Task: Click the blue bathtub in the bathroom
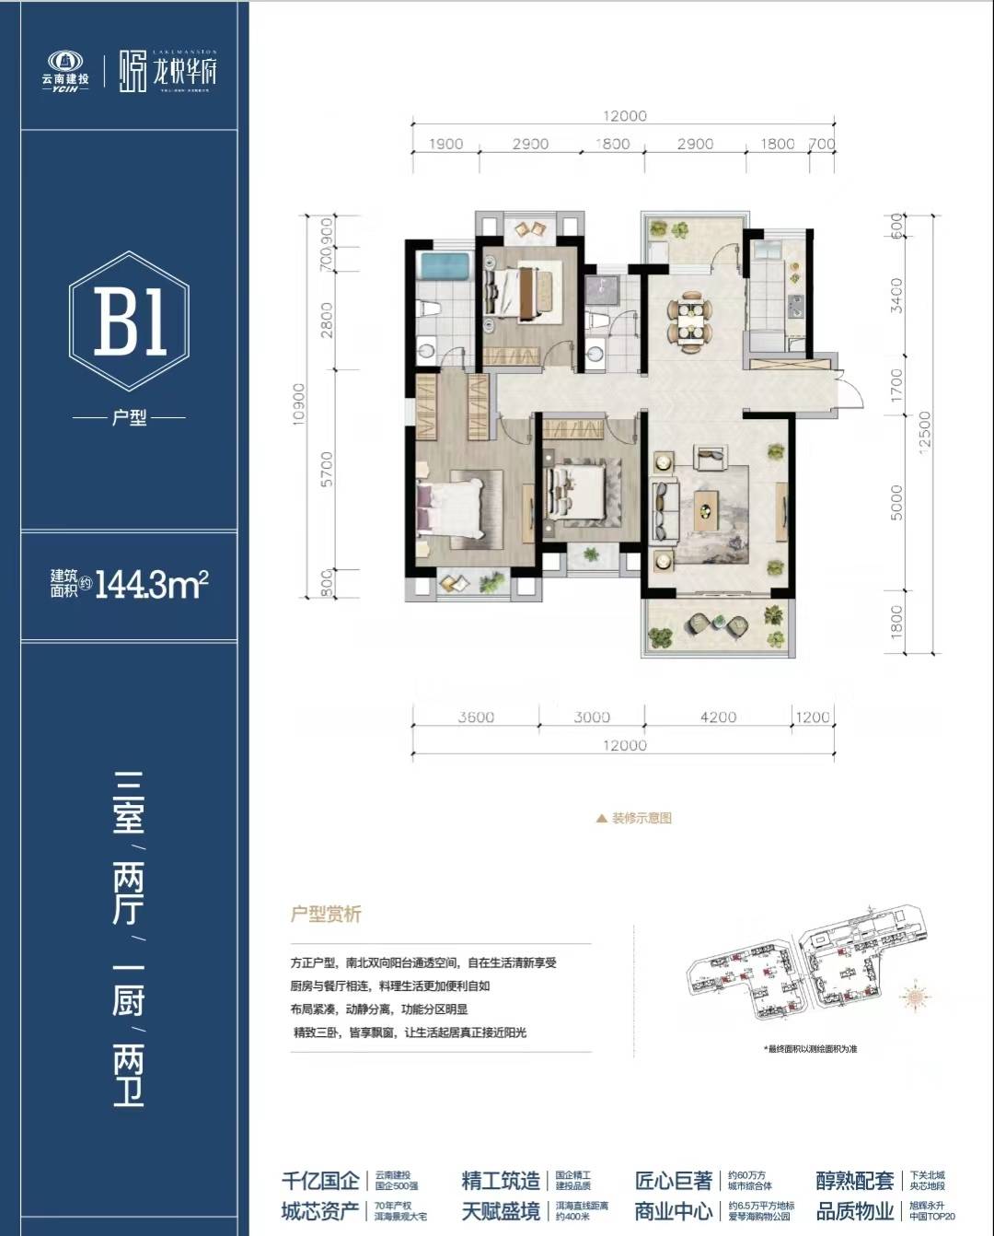[445, 266]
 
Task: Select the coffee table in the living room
[706, 505]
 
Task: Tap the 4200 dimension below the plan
[718, 717]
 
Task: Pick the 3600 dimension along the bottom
[475, 717]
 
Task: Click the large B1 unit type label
[130, 321]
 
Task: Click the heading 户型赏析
[326, 915]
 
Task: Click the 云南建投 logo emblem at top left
[64, 62]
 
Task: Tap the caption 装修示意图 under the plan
[641, 818]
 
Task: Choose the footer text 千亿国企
[320, 1181]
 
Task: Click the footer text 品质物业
[854, 1210]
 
